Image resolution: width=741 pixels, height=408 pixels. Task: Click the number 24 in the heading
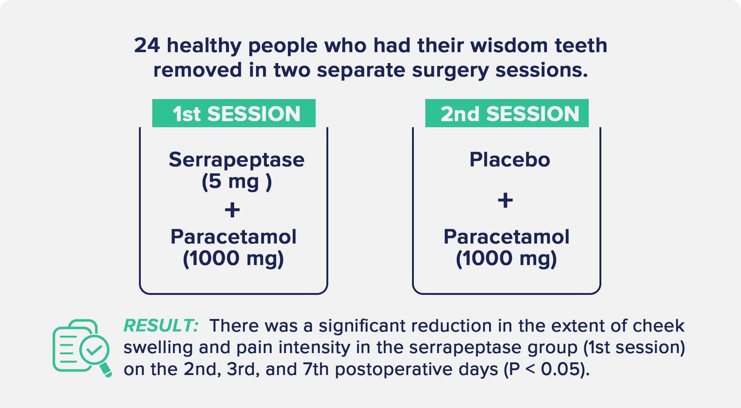[147, 45]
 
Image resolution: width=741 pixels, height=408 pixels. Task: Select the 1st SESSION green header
[234, 113]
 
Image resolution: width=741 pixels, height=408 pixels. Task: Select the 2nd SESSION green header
[507, 113]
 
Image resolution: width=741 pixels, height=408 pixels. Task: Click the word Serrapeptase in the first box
[236, 160]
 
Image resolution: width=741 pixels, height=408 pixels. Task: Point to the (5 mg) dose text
[236, 182]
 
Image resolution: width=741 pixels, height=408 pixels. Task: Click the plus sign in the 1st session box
[232, 210]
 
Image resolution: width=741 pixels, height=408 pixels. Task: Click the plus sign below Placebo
[505, 200]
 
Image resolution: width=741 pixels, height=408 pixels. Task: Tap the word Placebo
[510, 160]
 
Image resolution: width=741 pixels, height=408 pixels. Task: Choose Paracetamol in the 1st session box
[233, 237]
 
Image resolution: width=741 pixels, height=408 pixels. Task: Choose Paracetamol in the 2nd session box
[506, 237]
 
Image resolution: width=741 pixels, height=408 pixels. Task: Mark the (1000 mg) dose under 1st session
[233, 259]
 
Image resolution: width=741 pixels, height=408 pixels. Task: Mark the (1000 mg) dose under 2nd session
[506, 259]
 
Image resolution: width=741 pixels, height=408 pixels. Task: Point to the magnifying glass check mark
[94, 350]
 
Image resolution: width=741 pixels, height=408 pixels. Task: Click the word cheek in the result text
[658, 326]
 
